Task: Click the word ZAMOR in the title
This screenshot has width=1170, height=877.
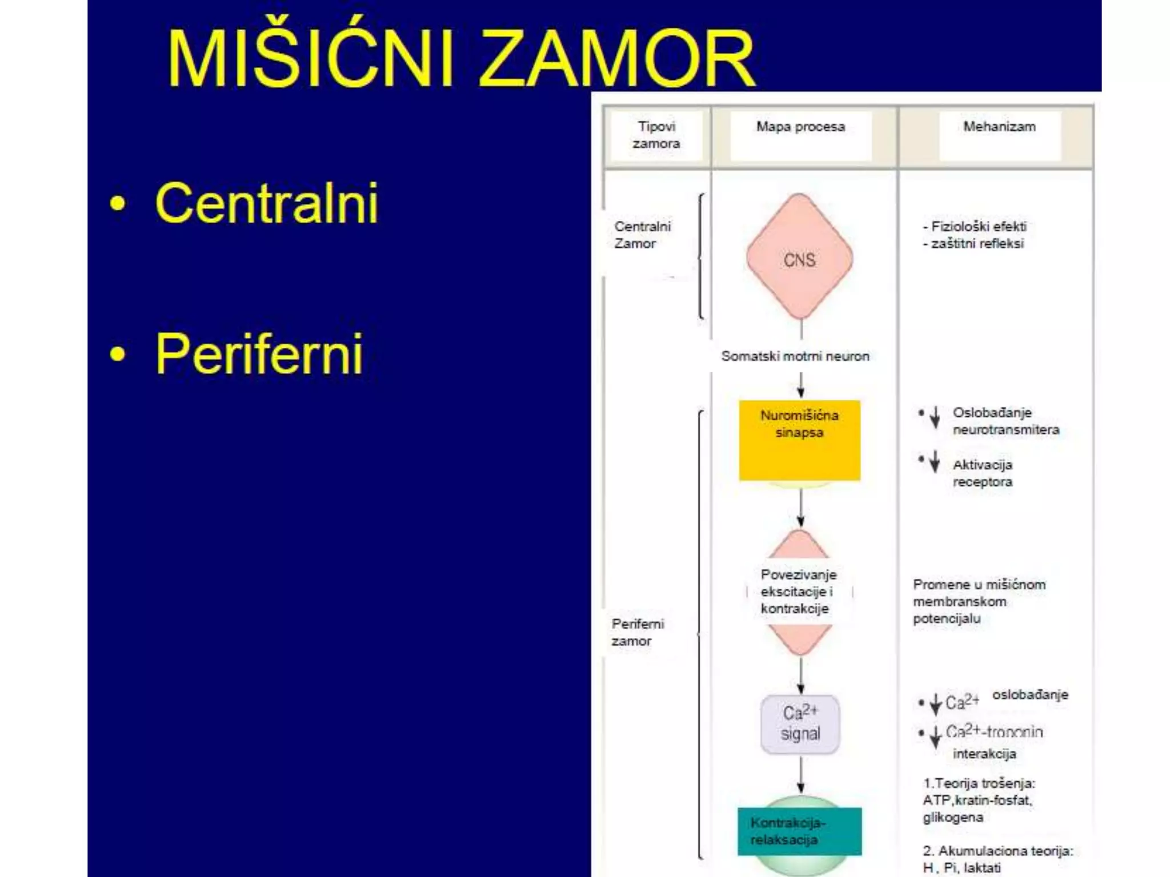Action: (x=617, y=59)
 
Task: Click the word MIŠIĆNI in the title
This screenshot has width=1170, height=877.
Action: (x=311, y=59)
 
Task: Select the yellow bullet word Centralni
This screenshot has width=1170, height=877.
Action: (x=266, y=203)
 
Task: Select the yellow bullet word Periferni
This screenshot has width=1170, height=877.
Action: (x=259, y=354)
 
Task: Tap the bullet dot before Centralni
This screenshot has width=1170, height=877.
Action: (x=118, y=204)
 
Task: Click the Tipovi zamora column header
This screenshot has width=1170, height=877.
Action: (x=656, y=135)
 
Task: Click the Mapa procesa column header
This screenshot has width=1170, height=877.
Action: (x=800, y=127)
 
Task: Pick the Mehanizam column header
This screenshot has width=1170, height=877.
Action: (x=999, y=127)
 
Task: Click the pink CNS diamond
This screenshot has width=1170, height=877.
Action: (x=799, y=257)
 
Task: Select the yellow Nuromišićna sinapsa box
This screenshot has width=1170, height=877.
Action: (x=799, y=440)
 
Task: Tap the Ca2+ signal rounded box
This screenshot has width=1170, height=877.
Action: (x=800, y=724)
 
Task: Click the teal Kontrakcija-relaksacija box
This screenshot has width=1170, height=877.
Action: (x=799, y=831)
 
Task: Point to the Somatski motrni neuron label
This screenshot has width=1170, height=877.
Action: (x=795, y=356)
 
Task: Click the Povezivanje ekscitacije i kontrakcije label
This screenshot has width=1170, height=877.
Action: (x=798, y=592)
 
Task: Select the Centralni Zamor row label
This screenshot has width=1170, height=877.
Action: (x=642, y=235)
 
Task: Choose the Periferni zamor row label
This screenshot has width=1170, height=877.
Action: (x=638, y=632)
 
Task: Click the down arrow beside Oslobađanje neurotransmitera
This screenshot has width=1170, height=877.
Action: (x=935, y=417)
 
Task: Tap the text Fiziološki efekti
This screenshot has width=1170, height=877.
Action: (x=978, y=227)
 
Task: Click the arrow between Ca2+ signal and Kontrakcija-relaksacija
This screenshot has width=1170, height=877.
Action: (x=800, y=775)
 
